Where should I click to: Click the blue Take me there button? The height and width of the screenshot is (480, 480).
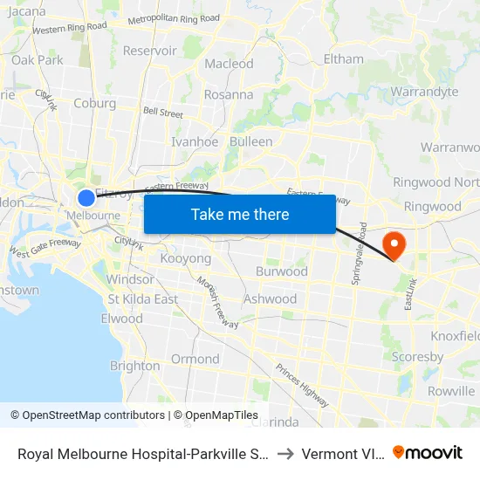point(240,214)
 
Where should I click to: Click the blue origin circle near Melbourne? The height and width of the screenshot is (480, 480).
point(86,198)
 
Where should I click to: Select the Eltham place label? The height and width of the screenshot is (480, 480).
point(343,59)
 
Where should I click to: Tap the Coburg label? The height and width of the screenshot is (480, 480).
point(95,102)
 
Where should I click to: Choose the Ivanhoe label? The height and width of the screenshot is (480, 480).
point(195,141)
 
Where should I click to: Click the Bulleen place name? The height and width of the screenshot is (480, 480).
point(250,141)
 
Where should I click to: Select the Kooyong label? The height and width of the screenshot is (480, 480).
point(184,259)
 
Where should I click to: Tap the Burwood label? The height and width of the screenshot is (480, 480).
point(281,271)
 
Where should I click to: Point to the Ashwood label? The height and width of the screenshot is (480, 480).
point(271,298)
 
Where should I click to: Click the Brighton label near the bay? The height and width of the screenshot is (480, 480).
point(135,366)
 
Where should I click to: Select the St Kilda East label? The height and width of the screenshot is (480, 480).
point(143,298)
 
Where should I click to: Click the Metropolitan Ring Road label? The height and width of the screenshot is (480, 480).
point(174,19)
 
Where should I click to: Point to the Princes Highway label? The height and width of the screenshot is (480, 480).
point(302,383)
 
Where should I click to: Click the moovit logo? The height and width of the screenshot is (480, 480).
point(428,452)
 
